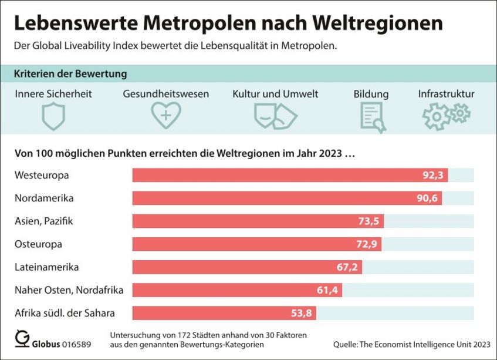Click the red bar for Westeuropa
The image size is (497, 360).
click(290, 175)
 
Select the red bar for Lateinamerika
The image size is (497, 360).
click(247, 267)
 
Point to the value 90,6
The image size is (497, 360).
click(427, 198)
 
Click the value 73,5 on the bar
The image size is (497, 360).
click(369, 221)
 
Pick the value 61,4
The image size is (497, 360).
click(328, 290)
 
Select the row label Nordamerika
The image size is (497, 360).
click(44, 198)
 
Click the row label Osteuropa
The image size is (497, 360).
click(38, 244)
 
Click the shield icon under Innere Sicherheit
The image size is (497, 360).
click(53, 116)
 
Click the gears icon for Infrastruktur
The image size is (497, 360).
click(446, 115)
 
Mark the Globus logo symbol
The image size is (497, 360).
click(22, 339)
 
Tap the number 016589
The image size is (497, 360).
click(76, 344)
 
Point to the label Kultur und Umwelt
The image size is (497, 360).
click(275, 94)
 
